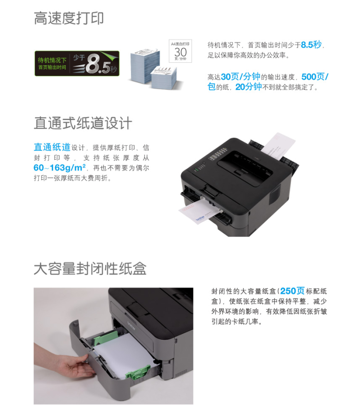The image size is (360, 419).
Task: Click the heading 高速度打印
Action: pyautogui.click(x=69, y=19)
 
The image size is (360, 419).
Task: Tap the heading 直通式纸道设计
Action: pyautogui.click(x=83, y=123)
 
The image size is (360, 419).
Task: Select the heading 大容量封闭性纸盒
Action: pyautogui.click(x=90, y=268)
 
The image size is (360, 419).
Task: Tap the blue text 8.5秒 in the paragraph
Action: pyautogui.click(x=311, y=45)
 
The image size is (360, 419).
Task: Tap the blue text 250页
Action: pyautogui.click(x=292, y=291)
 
